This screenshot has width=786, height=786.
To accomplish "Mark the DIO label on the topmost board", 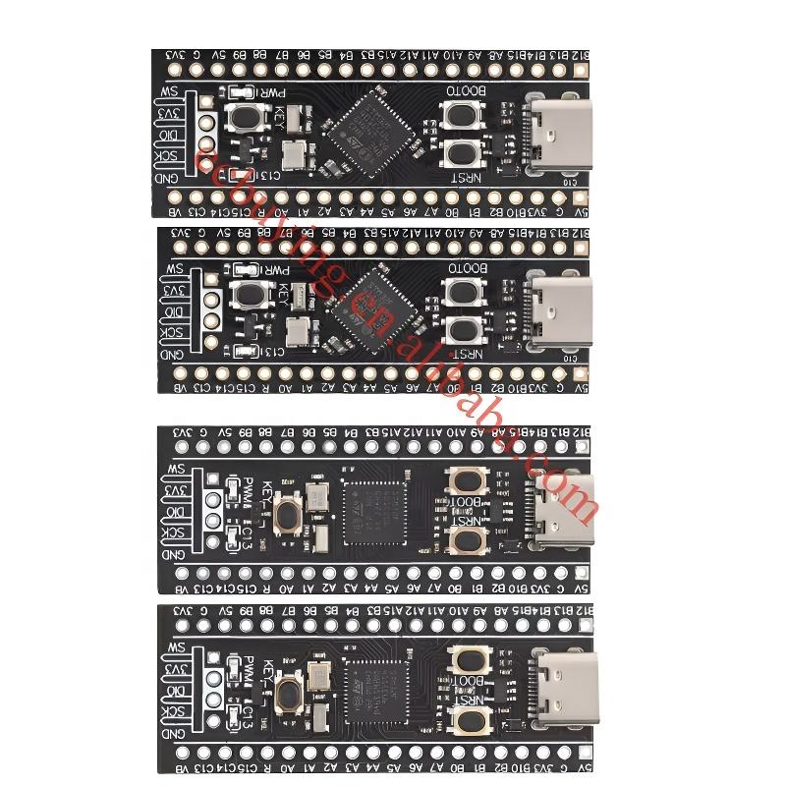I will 169,136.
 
